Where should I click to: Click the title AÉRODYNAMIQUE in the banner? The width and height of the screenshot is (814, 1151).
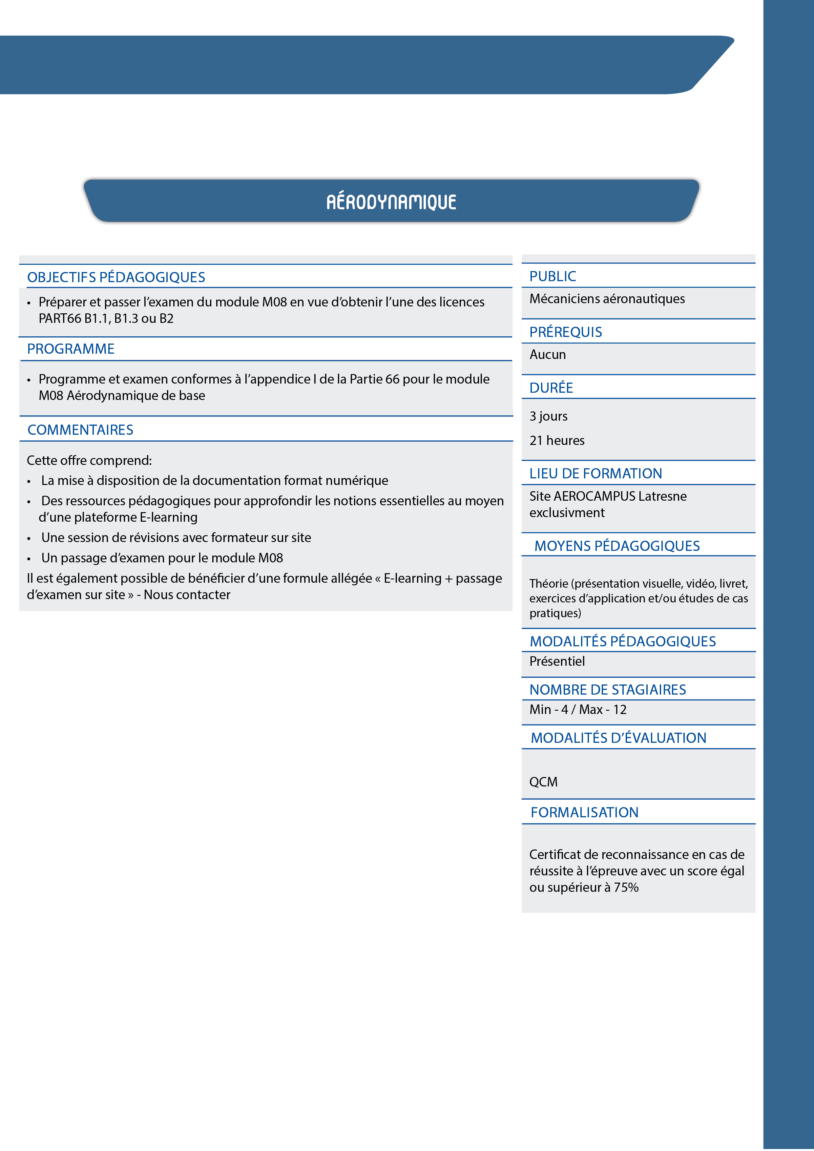[x=391, y=201]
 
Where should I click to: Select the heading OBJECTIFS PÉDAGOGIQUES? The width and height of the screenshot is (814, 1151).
[x=116, y=277]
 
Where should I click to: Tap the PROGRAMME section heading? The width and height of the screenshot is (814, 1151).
[x=71, y=349]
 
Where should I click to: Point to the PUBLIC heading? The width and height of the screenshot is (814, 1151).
[x=553, y=276]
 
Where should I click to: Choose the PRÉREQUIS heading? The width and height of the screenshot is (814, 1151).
[x=565, y=332]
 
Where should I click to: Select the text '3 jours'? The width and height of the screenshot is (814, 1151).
[x=548, y=416]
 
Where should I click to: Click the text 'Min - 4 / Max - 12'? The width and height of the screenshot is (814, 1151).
[x=578, y=710]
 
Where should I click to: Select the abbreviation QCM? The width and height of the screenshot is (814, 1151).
[x=543, y=782]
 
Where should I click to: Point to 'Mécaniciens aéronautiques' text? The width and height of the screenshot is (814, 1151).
[x=607, y=299]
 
